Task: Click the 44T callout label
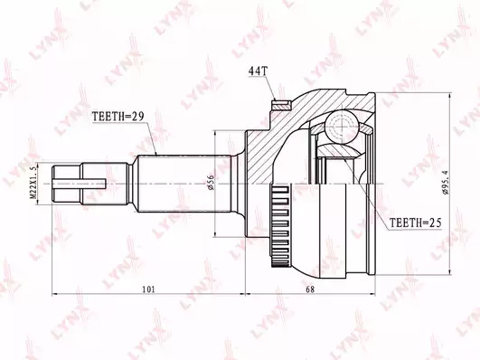259,71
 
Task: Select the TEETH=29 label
118,117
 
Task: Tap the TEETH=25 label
415,223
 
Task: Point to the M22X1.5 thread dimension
33,182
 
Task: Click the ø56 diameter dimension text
211,183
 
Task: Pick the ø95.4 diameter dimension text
445,183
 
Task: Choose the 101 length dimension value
149,289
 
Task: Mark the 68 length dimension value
310,289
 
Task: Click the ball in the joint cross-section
342,127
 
